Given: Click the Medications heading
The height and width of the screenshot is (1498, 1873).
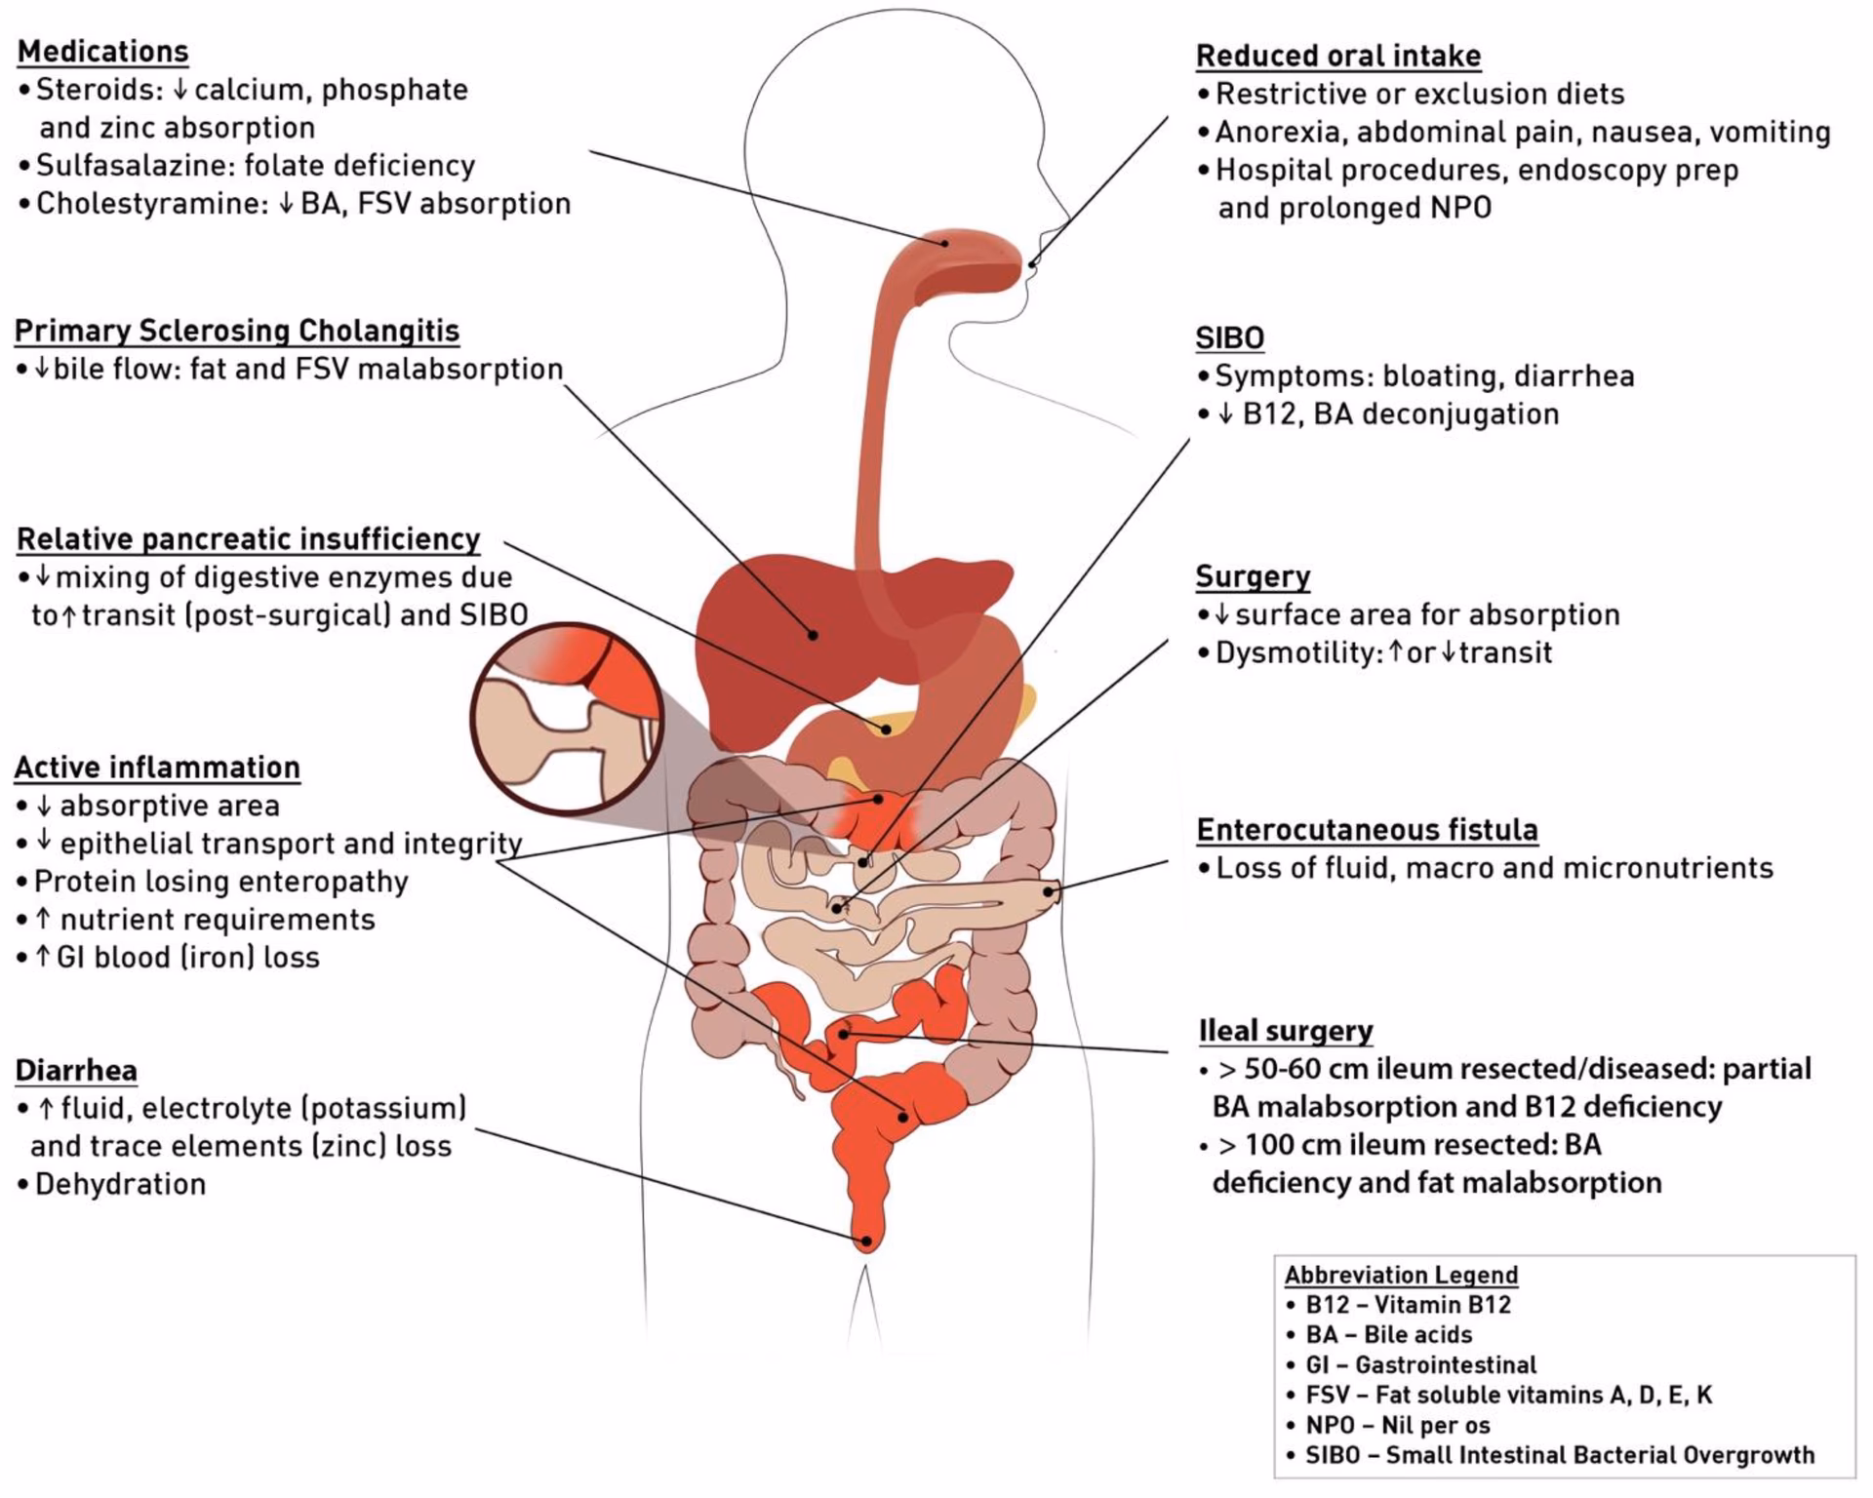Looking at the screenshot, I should [x=102, y=51].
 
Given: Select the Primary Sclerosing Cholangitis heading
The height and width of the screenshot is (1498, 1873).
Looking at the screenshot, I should [x=237, y=331].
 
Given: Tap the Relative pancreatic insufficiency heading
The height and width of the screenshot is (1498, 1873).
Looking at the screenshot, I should [x=249, y=539].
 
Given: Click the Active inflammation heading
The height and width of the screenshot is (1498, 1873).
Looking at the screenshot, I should [x=157, y=768].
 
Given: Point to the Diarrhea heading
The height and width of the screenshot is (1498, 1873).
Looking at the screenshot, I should [x=76, y=1070].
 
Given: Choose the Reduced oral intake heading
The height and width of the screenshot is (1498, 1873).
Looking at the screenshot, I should [x=1338, y=56].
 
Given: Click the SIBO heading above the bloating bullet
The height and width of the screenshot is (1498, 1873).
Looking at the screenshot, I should [x=1229, y=337].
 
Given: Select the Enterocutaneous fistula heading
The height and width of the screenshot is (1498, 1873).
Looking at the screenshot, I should [x=1367, y=830].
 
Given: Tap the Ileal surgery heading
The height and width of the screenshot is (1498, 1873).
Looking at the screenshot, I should [x=1285, y=1031].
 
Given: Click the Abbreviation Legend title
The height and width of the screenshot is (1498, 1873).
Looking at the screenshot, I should [x=1401, y=1275].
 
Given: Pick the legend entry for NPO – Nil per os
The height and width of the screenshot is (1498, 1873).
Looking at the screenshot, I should [x=1398, y=1425].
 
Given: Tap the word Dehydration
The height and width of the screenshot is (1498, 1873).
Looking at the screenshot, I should [x=120, y=1184].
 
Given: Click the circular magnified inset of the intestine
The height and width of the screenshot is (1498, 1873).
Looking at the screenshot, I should [x=567, y=718].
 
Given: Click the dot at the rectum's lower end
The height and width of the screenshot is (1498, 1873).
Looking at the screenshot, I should [x=864, y=1242].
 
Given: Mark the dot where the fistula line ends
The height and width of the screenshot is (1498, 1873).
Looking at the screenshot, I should [x=1050, y=890].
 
